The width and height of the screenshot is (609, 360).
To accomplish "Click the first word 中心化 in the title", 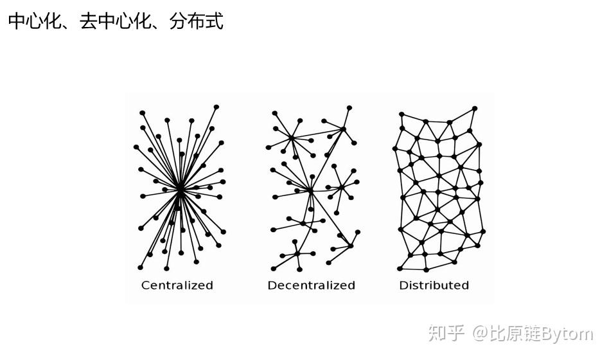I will (35, 21).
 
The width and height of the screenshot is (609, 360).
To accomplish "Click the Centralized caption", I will (177, 285).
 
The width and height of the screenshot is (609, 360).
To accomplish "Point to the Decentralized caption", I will (311, 285).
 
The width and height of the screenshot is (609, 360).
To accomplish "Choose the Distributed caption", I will (434, 285).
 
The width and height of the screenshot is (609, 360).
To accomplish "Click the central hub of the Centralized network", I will (181, 190).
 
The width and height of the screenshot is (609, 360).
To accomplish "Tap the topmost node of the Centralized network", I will (216, 107).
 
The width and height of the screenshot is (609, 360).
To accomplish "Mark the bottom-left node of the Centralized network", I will (140, 267).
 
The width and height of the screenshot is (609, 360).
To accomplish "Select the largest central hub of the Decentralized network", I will (310, 190).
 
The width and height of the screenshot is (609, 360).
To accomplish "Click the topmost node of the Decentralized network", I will (349, 107).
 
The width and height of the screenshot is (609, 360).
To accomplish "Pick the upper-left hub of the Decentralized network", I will (291, 137).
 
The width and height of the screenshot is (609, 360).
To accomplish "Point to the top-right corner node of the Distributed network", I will (475, 108).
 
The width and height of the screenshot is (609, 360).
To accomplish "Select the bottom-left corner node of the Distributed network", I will (400, 269).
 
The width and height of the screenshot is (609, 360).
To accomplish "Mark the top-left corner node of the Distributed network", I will (401, 113).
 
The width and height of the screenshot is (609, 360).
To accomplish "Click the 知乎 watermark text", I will (446, 334).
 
